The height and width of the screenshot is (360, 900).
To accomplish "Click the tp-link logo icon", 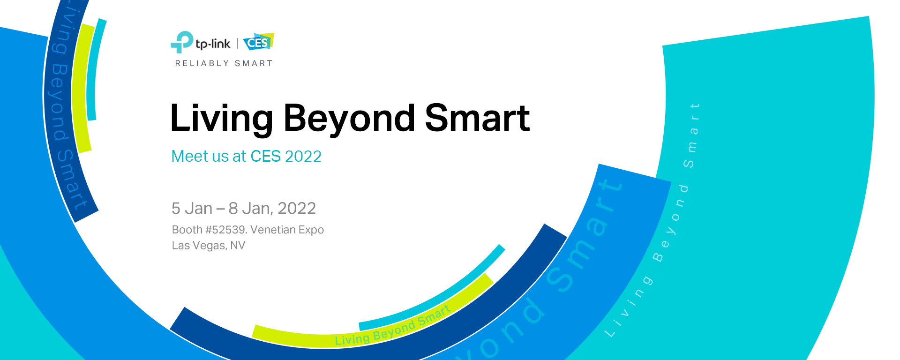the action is point(182,42).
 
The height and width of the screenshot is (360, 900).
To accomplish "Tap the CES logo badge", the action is point(258,42).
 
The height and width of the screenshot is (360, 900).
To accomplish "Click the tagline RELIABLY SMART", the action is point(224,63).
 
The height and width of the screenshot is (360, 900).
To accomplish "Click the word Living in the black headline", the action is point(222,119).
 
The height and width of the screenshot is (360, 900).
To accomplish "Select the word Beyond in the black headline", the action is point(349,119).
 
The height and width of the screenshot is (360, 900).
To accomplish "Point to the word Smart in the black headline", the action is point(477,118).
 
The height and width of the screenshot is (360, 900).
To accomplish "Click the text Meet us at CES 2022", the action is point(247,156).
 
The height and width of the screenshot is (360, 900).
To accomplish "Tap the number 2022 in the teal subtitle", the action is point(303,156).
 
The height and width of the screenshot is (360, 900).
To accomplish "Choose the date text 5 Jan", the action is point(192,208).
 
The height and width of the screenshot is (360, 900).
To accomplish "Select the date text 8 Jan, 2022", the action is point(272,209).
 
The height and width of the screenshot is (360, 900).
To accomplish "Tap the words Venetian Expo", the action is point(287,230).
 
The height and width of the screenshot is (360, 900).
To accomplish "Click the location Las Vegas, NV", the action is point(209,246).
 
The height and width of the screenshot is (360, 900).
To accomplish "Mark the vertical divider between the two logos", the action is point(238,44).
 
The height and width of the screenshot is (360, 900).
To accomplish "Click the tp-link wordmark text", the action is point(213,44).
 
